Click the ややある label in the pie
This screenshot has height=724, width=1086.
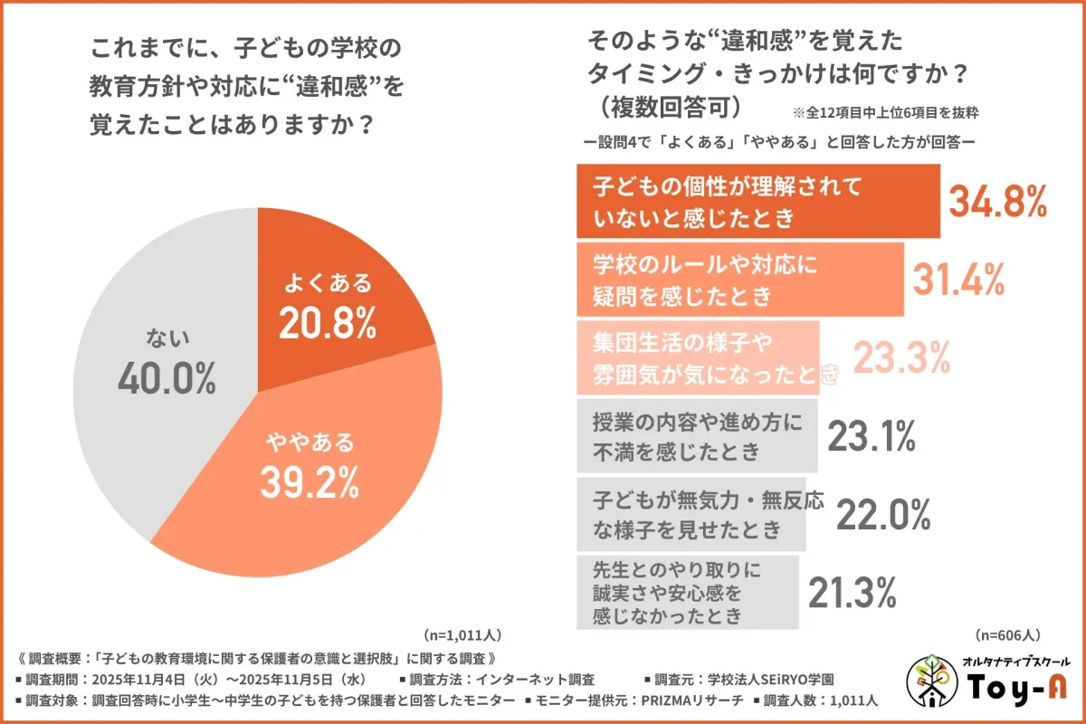click(310, 443)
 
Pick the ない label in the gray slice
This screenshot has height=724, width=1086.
click(167, 338)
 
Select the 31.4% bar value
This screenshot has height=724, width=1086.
click(957, 280)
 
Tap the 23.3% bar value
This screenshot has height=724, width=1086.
click(901, 358)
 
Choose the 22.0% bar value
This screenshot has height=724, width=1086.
click(883, 515)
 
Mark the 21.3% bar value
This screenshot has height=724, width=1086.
click(851, 593)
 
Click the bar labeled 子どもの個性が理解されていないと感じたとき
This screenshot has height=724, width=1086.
click(757, 201)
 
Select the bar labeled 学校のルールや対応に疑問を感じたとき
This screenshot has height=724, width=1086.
click(739, 280)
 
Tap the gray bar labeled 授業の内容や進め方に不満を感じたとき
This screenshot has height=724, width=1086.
click(697, 437)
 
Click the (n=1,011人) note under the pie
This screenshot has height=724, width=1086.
click(462, 634)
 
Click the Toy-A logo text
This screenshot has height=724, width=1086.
click(1016, 690)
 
